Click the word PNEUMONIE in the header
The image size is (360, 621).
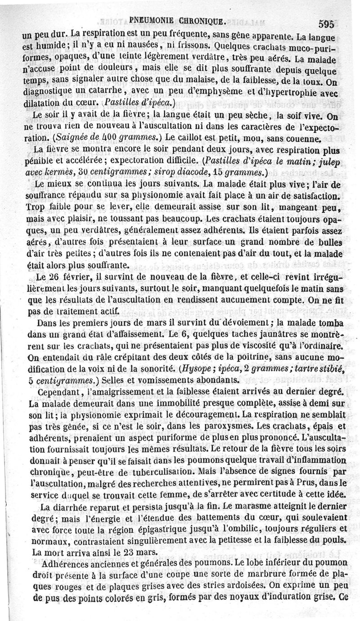(152, 20)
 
